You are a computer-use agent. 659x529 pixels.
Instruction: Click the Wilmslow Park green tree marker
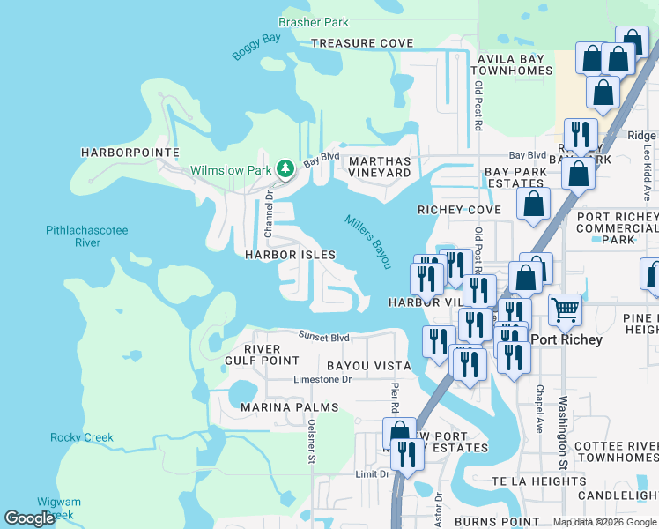coord(285,168)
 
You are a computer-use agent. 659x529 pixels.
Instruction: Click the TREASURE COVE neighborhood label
coord(362,43)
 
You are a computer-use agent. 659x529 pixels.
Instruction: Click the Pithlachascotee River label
coord(86,236)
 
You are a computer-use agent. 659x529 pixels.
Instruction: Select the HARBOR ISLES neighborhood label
coord(290,255)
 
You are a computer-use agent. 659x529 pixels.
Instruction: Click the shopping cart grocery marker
coord(565,309)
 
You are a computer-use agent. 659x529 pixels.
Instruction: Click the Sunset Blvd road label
coord(323,337)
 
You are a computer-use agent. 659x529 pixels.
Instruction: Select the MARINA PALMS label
coord(289,407)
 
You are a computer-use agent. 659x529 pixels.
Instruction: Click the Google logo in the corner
coord(30,518)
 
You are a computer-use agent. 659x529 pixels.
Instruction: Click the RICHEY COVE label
coord(459,210)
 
